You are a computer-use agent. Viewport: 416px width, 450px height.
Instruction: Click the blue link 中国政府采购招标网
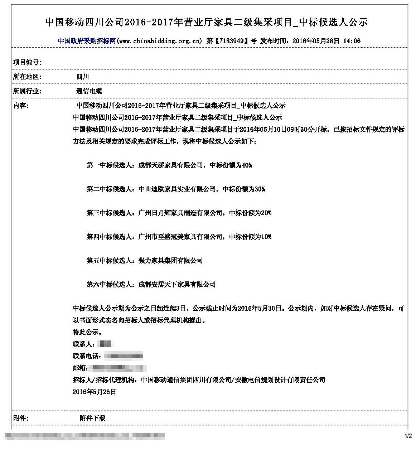[87, 41]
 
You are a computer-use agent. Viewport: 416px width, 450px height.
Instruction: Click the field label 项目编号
[26, 62]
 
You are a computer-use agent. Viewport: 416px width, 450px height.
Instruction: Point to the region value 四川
[83, 77]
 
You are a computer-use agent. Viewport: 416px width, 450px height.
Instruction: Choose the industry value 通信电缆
[89, 91]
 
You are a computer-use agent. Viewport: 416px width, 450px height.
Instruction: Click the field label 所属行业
[26, 91]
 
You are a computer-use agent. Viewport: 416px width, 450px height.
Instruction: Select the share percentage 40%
[247, 165]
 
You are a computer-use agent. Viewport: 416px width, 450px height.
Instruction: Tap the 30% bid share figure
[260, 189]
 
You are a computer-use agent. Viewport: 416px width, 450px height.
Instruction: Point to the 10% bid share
[266, 237]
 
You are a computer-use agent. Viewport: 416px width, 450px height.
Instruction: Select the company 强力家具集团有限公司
[170, 261]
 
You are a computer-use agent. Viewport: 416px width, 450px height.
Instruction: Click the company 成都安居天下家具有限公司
[177, 285]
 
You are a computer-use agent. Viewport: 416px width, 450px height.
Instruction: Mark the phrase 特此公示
[84, 332]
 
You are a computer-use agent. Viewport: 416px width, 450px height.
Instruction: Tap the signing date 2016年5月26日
[94, 392]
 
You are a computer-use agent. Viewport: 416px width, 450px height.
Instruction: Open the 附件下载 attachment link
[93, 418]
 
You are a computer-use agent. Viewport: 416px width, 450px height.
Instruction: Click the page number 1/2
[408, 436]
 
